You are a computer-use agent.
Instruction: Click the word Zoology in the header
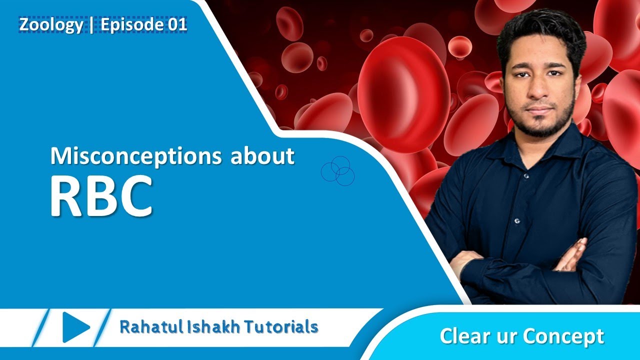pyautogui.click(x=51, y=24)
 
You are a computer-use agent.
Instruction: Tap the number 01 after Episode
pyautogui.click(x=177, y=24)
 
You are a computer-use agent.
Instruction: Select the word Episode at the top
pyautogui.click(x=133, y=24)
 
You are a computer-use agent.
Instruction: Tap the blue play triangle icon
pyautogui.click(x=75, y=327)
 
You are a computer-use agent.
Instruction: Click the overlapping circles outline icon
pyautogui.click(x=337, y=171)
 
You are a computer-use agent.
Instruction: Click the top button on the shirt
pyautogui.click(x=526, y=176)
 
